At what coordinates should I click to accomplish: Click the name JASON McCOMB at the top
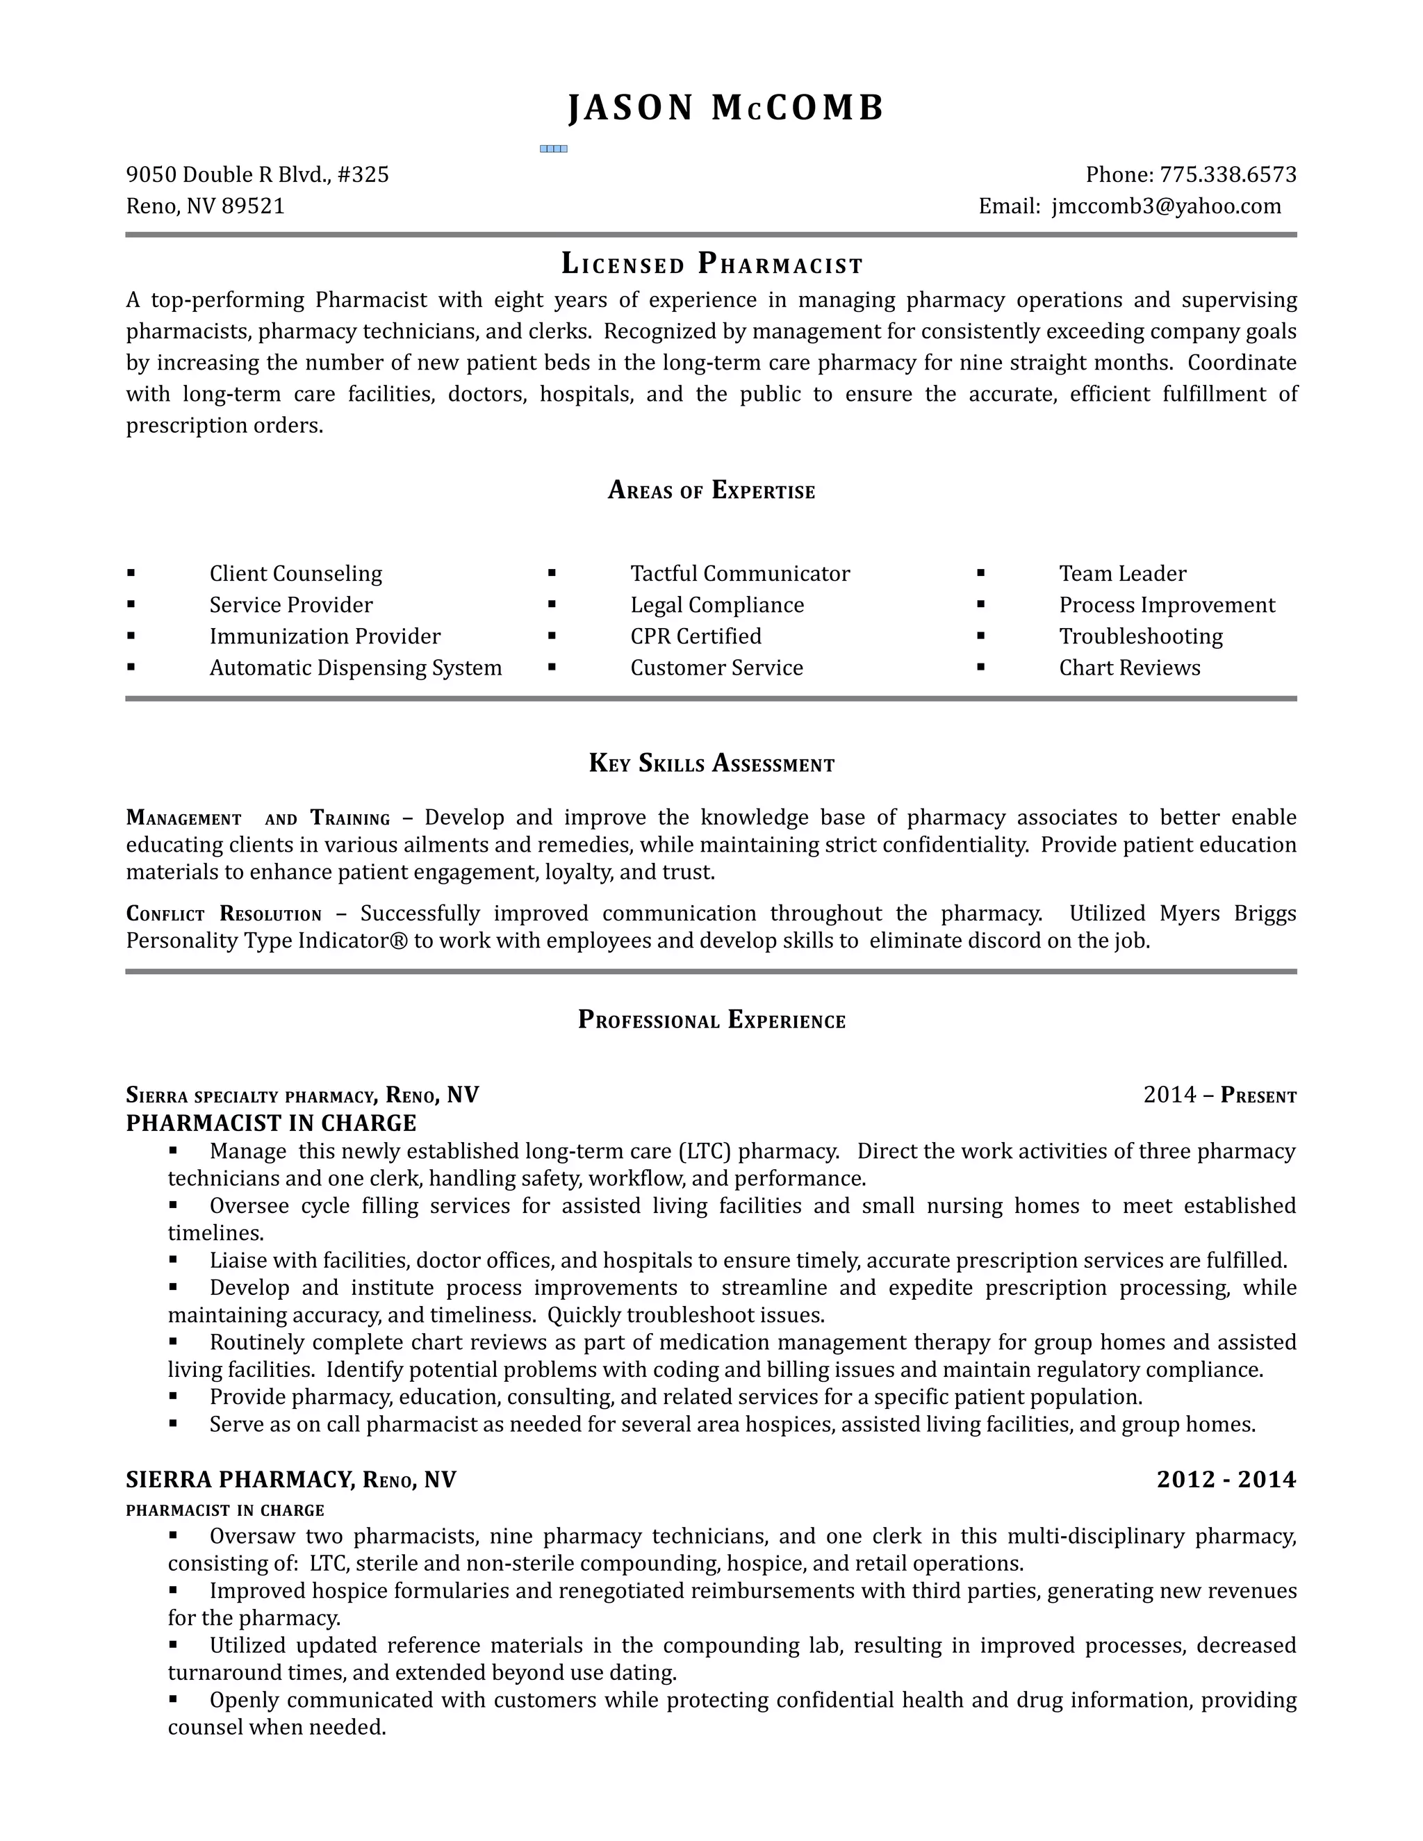[726, 108]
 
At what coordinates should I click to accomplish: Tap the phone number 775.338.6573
[1228, 174]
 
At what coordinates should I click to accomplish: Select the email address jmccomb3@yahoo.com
[1166, 206]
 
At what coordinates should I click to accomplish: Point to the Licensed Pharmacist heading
[711, 265]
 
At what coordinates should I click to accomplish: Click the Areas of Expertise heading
[711, 490]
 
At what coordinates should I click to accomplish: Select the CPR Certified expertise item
[696, 636]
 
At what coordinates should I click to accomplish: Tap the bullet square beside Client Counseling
[131, 573]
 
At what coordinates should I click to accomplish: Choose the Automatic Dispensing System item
[355, 668]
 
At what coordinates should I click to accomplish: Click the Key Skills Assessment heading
[711, 763]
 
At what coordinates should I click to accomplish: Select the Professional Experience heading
[711, 1021]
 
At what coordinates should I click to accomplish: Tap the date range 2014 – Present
[1219, 1095]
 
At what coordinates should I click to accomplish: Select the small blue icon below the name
[553, 149]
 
